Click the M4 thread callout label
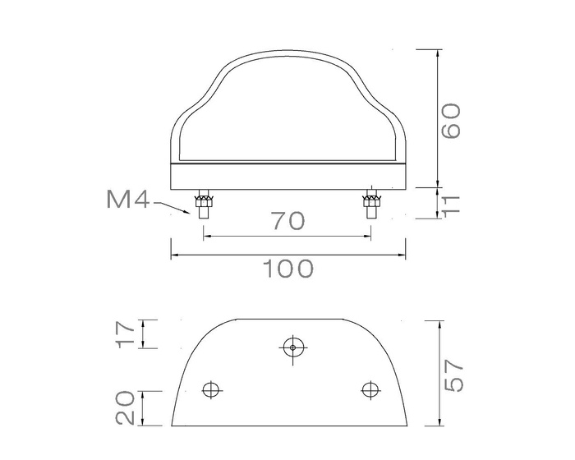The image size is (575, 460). [126, 199]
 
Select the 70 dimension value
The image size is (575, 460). [287, 220]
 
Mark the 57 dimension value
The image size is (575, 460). [456, 375]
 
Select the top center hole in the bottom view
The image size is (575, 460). [292, 347]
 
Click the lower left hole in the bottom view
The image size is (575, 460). [213, 389]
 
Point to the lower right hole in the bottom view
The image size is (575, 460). [370, 389]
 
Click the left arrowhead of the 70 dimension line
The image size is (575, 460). [206, 236]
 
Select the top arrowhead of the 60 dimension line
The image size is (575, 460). [437, 54]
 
